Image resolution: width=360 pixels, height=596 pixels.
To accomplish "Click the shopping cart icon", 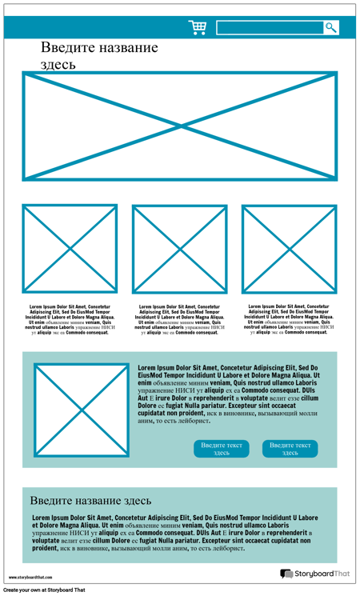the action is [x=197, y=27].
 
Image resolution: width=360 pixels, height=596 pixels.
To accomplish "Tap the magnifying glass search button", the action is [x=330, y=27].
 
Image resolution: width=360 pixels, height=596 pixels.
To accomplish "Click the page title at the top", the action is [x=99, y=55].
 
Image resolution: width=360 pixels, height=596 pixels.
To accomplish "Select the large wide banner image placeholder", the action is [x=179, y=126].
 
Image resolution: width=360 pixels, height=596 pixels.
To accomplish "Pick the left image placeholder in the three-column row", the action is [x=70, y=248].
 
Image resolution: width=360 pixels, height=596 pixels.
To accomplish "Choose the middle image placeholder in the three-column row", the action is [x=179, y=248].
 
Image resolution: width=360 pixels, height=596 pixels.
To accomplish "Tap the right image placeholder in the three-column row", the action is [x=289, y=248].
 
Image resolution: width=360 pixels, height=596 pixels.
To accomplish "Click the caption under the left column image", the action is [x=70, y=319].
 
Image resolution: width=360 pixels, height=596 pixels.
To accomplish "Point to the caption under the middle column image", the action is [x=179, y=319].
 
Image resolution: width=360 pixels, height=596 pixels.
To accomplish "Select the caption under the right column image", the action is [x=289, y=319].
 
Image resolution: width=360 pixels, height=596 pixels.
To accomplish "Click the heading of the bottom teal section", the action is [x=90, y=501].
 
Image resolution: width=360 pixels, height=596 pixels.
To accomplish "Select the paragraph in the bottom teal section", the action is [x=174, y=533].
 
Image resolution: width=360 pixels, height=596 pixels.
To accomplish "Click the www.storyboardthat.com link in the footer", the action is [x=30, y=577].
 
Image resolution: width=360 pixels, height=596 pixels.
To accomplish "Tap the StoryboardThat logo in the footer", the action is [x=315, y=574].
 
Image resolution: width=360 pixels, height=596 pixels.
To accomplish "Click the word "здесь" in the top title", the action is [x=58, y=64].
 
